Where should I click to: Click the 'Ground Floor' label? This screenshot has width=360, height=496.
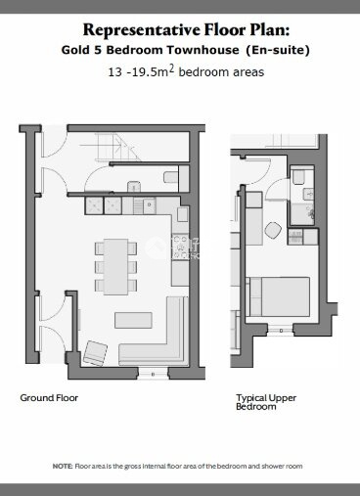click(x=49, y=398)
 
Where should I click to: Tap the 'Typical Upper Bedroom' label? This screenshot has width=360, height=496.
click(x=266, y=402)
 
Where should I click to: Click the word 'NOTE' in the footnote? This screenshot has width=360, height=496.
click(x=63, y=467)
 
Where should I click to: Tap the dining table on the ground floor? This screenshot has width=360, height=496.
click(x=115, y=267)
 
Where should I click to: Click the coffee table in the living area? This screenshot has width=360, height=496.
click(x=133, y=320)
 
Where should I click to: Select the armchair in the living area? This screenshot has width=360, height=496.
click(x=95, y=353)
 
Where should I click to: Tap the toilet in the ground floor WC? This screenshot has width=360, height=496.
click(x=171, y=177)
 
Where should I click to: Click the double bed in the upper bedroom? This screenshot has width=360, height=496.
click(x=280, y=296)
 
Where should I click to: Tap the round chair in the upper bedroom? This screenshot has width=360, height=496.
click(x=273, y=230)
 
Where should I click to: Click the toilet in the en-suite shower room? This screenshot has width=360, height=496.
click(x=298, y=178)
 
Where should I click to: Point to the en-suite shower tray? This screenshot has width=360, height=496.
click(x=302, y=214)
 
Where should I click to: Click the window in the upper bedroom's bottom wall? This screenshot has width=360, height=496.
click(x=281, y=330)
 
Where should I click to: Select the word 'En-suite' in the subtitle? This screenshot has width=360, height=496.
click(x=278, y=50)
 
